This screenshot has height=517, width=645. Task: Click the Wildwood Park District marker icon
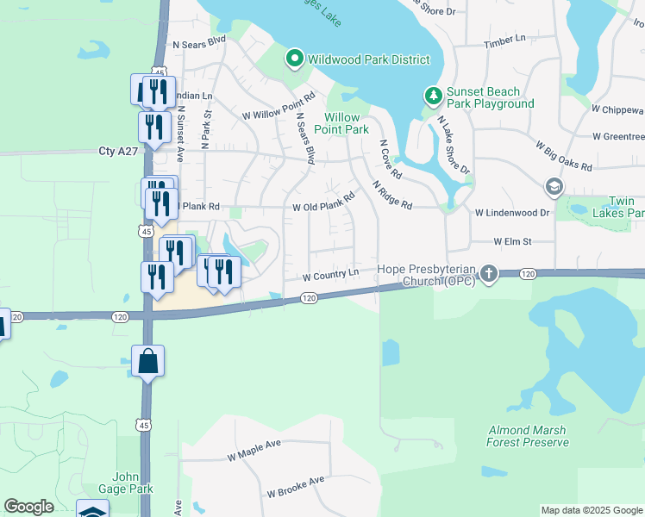pyautogui.click(x=294, y=59)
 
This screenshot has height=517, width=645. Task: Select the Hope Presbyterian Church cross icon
pyautogui.click(x=489, y=274)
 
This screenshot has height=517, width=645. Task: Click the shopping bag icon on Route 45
pyautogui.click(x=147, y=360)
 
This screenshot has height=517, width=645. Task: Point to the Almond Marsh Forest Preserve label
pyautogui.click(x=528, y=436)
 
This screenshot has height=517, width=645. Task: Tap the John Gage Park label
pyautogui.click(x=132, y=483)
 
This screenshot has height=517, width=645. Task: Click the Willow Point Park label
pyautogui.click(x=346, y=123)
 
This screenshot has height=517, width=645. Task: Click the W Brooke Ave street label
pyautogui.click(x=295, y=487)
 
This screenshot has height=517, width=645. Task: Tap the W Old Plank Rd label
pyautogui.click(x=323, y=203)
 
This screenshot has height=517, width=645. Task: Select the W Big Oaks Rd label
pyautogui.click(x=564, y=156)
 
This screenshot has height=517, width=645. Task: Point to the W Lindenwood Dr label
pyautogui.click(x=512, y=212)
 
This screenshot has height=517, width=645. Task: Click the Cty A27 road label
pyautogui.click(x=118, y=151)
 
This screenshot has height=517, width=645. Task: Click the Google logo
pyautogui.click(x=28, y=507)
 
